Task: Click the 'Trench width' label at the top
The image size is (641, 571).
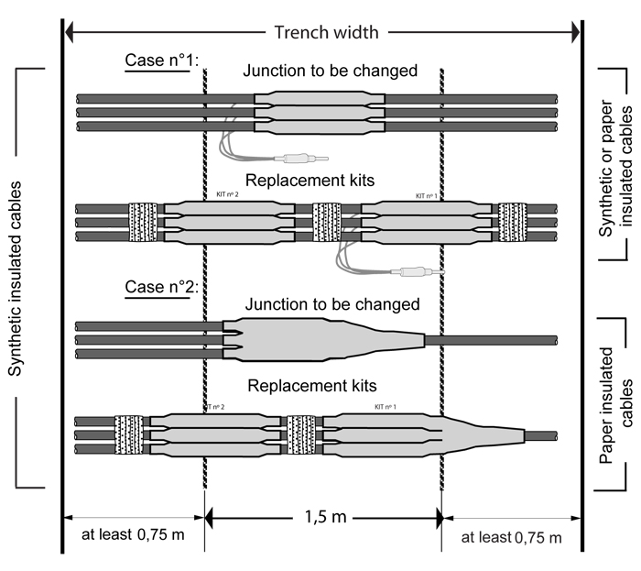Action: point(325,33)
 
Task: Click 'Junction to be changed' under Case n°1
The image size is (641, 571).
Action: point(330,71)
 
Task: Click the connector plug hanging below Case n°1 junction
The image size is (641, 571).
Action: point(301,159)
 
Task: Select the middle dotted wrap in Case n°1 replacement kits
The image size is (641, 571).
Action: point(327,222)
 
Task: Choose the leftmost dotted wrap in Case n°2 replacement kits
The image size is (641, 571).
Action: point(129,436)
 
